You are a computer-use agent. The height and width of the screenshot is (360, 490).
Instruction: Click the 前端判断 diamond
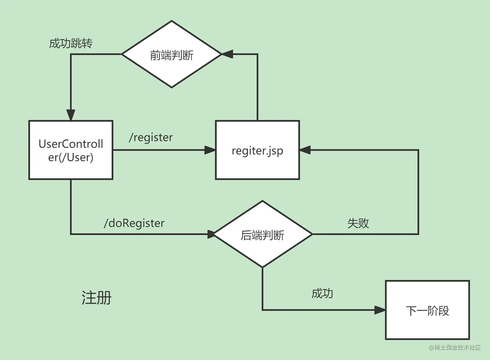pyautogui.click(x=171, y=54)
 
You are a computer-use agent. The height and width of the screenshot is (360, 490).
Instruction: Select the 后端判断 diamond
pyautogui.click(x=262, y=234)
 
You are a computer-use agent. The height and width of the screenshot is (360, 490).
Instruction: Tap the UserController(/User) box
pyautogui.click(x=71, y=150)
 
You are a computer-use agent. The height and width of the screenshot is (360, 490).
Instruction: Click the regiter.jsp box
pyautogui.click(x=257, y=150)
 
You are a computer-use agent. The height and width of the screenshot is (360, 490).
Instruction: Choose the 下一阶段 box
pyautogui.click(x=427, y=310)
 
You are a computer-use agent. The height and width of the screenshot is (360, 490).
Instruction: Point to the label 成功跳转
pyautogui.click(x=71, y=43)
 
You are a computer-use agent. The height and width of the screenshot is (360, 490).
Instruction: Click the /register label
pyautogui.click(x=151, y=137)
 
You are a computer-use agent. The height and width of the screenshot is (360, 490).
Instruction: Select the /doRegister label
pyautogui.click(x=134, y=223)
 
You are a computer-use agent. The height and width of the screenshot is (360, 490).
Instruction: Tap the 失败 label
pyautogui.click(x=358, y=223)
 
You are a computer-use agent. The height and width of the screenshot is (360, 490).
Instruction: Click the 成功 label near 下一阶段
pyautogui.click(x=322, y=294)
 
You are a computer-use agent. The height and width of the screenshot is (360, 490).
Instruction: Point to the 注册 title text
pyautogui.click(x=96, y=298)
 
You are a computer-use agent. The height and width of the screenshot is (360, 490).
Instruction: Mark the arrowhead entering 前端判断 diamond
pyautogui.click(x=227, y=54)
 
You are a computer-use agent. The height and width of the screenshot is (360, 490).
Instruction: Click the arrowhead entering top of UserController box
pyautogui.click(x=71, y=115)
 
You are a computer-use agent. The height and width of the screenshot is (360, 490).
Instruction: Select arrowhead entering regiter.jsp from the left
pyautogui.click(x=210, y=150)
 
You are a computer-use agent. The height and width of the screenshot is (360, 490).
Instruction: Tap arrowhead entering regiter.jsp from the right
pyautogui.click(x=305, y=150)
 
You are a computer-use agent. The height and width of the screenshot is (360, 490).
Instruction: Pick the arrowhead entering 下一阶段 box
pyautogui.click(x=380, y=310)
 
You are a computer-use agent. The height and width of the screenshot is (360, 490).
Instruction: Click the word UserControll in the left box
pyautogui.click(x=71, y=144)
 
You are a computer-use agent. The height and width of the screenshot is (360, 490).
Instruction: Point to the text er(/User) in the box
pyautogui.click(x=71, y=157)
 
